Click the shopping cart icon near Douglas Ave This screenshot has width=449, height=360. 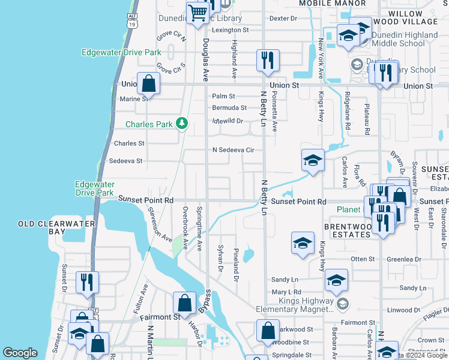coord(197,13)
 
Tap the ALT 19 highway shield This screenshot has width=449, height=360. coord(132,21)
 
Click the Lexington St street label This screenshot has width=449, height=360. coord(229,30)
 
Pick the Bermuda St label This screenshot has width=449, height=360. coord(229,108)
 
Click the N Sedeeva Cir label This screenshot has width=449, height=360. coord(234,149)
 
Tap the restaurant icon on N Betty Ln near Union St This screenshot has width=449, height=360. coord(266,60)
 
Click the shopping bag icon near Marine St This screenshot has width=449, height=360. coord(148,83)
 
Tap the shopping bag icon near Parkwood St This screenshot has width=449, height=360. coord(268,329)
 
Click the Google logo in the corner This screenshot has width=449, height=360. coord(20,353)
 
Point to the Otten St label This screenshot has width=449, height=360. coord(363,259)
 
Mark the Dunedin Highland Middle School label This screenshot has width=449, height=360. coord(405,39)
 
